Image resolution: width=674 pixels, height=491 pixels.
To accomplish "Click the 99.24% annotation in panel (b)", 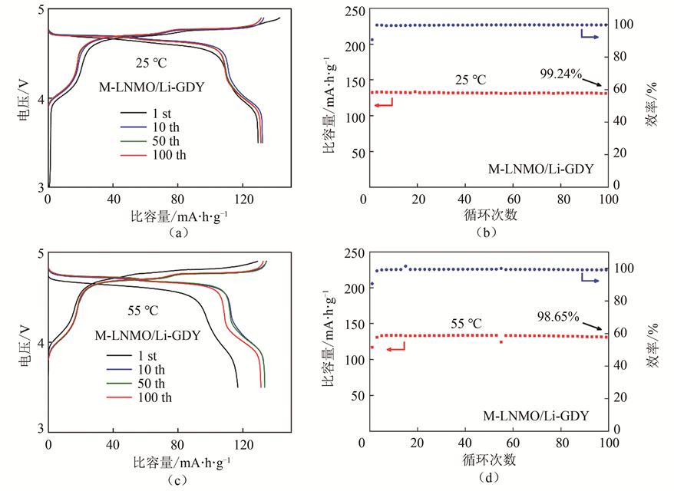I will coord(561,74).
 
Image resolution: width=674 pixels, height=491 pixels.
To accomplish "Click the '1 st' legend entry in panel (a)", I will coord(162,114).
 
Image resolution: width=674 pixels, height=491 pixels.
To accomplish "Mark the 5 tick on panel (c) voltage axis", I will coord(41,252).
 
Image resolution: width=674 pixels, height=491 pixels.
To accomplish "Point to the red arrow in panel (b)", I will coord(383,102).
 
